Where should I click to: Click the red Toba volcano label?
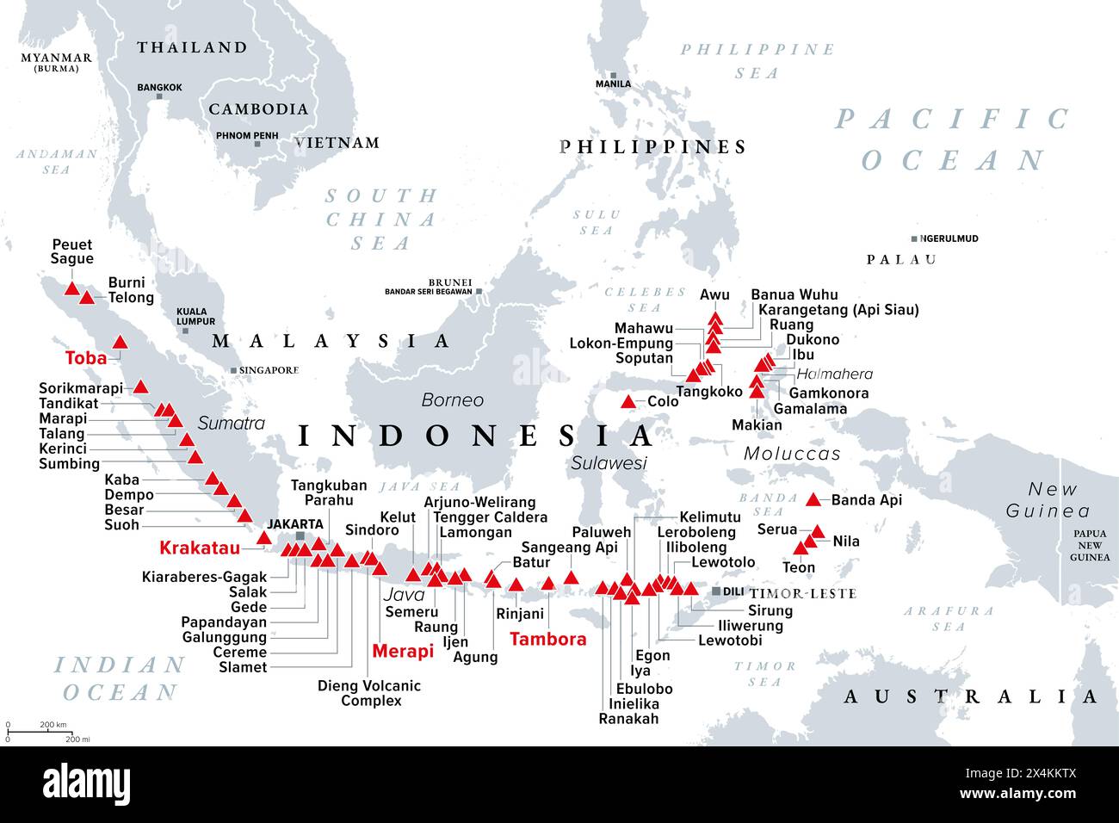(x=86, y=358)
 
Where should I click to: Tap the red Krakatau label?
(x=200, y=548)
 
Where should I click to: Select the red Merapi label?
(x=403, y=652)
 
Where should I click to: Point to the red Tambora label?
(x=548, y=639)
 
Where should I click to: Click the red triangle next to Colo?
(x=629, y=402)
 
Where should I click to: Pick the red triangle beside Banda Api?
(x=813, y=499)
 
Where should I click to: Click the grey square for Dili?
(x=716, y=592)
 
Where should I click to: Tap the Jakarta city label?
(x=295, y=523)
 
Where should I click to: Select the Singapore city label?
(x=269, y=370)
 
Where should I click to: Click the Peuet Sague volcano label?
(x=72, y=251)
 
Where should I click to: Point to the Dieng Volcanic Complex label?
(x=369, y=693)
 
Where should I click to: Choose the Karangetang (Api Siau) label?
(x=834, y=309)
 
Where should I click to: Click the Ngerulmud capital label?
(x=949, y=238)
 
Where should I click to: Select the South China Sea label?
(x=380, y=220)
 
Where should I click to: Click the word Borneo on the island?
(x=452, y=400)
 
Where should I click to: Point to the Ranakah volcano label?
(x=628, y=719)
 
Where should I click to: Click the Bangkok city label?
(x=159, y=88)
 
